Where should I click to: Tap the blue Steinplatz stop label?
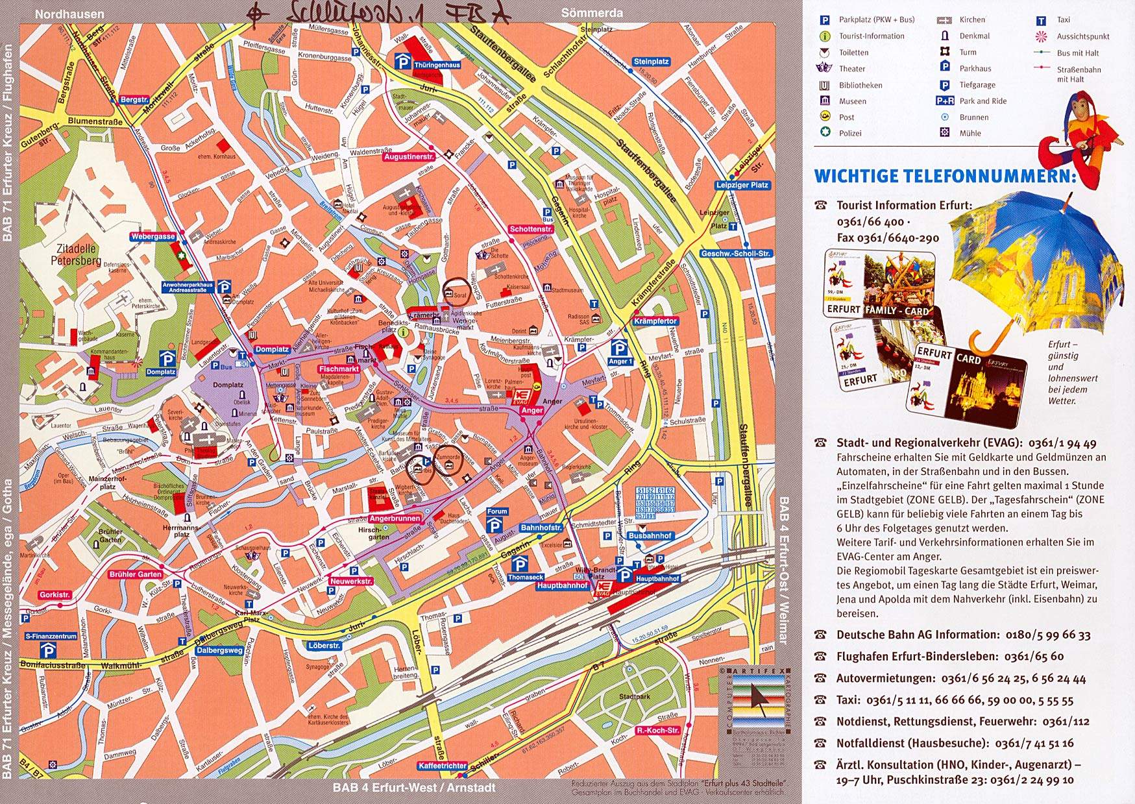point(651,62)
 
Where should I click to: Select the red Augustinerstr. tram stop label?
point(409,157)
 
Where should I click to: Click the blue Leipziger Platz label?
point(742,185)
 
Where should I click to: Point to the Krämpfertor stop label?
point(655,321)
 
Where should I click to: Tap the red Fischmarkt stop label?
point(339,369)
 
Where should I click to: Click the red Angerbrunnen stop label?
point(395,518)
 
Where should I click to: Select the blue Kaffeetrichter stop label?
point(442,766)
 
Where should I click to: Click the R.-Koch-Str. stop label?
point(658,730)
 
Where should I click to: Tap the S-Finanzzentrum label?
point(51,637)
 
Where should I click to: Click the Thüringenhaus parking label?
point(437,65)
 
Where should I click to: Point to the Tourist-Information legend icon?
point(825,36)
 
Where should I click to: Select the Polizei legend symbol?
point(825,132)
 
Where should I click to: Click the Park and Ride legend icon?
point(945,101)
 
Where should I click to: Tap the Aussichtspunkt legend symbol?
point(1042,36)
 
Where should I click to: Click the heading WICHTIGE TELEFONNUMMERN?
point(944,176)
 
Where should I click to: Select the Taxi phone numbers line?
point(954,700)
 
